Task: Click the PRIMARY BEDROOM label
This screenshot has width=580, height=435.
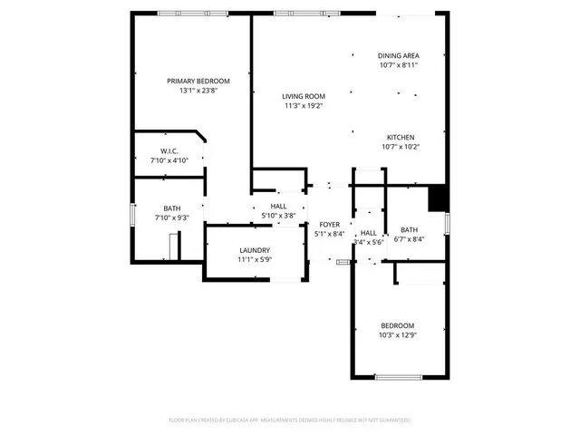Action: tap(198, 81)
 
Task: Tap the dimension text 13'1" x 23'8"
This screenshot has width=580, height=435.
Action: tap(198, 91)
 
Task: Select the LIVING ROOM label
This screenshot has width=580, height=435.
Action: tap(303, 96)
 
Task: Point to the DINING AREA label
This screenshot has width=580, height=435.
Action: tap(398, 55)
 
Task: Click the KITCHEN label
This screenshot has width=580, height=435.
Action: tap(400, 136)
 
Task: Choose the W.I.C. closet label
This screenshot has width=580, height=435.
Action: tap(169, 150)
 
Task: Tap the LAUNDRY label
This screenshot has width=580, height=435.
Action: tap(255, 250)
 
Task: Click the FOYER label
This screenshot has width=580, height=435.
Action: tap(328, 224)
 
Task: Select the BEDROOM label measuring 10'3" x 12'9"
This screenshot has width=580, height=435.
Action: tap(397, 325)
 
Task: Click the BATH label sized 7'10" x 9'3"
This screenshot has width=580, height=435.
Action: tap(171, 208)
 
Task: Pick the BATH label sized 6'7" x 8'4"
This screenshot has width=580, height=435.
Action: tap(410, 229)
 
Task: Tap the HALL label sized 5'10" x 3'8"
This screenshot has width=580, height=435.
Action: tap(278, 207)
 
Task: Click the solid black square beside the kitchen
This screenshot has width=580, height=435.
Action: tap(438, 197)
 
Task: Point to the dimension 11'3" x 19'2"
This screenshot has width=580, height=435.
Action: tap(303, 106)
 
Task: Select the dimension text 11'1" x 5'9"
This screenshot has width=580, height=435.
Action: tap(255, 260)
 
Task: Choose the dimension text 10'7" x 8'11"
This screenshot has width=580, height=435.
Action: tap(398, 65)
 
